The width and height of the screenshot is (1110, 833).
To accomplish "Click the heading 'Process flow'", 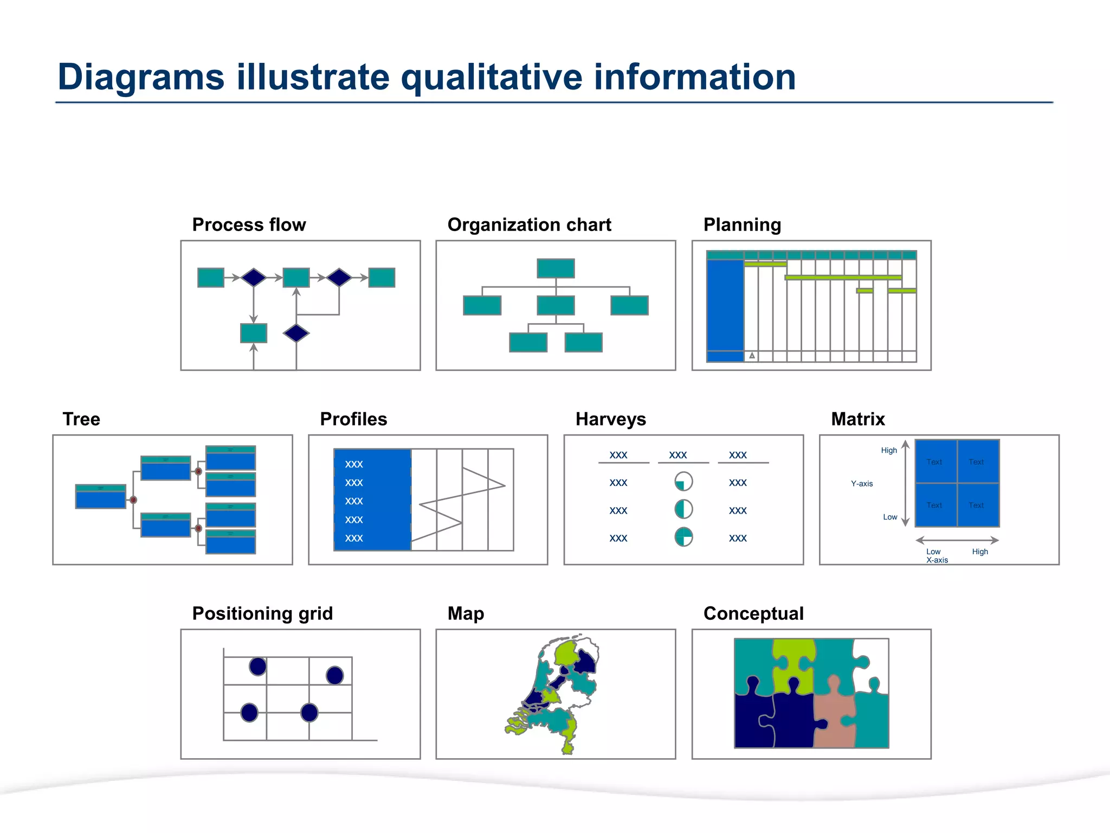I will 249,225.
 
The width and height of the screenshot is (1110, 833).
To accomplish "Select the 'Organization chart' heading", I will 529,225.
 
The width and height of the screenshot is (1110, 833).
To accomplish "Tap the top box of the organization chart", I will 556,268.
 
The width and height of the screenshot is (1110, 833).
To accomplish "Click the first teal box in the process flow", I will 211,278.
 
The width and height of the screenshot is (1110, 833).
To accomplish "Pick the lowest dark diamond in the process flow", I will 296,333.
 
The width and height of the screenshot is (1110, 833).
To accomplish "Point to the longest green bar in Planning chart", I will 843,278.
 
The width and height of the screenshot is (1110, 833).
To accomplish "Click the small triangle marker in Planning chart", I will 752,356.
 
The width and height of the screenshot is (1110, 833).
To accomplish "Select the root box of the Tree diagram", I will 101,497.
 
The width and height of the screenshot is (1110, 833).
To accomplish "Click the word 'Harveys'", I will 610,419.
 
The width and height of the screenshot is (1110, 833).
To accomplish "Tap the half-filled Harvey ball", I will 683,509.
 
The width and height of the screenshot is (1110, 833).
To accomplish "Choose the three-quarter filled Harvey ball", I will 683,537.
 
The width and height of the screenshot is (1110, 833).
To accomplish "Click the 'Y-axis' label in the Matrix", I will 862,484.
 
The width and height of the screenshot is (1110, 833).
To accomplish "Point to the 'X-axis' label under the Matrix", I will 937,560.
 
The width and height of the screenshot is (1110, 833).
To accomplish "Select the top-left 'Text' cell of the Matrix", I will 935,462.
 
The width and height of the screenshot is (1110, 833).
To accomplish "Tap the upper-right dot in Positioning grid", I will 334,675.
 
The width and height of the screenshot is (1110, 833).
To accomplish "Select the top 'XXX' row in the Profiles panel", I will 354,464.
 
